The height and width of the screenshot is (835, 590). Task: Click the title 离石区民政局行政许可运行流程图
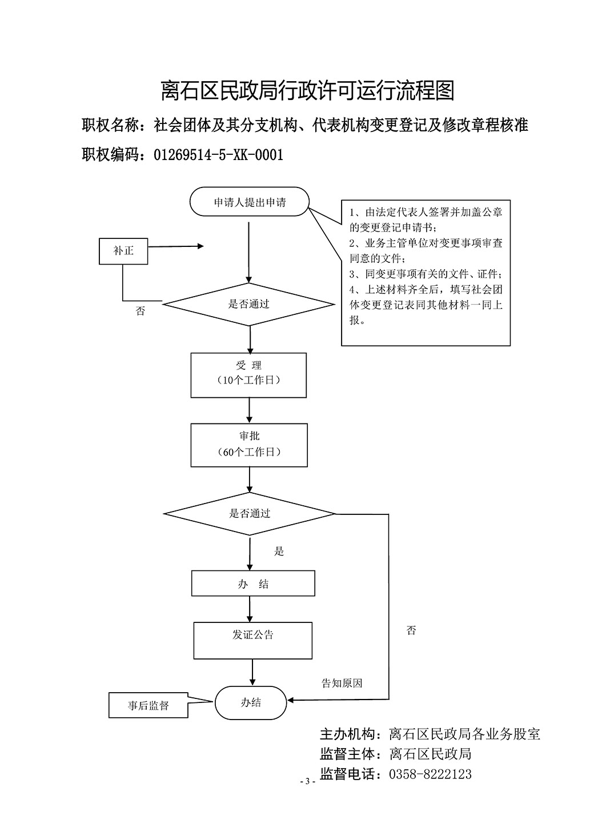click(307, 91)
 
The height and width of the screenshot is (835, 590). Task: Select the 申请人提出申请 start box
click(250, 202)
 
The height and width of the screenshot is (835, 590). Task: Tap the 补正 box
click(123, 251)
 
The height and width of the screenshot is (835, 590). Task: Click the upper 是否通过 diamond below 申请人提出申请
click(249, 304)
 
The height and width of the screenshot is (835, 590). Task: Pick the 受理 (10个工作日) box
click(248, 375)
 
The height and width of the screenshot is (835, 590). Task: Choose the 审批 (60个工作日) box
click(249, 445)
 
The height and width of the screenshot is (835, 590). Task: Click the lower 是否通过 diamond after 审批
click(250, 513)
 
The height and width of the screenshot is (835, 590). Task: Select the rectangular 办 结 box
click(253, 584)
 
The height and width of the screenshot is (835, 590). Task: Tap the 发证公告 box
click(253, 640)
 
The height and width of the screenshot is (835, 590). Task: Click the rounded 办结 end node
click(251, 702)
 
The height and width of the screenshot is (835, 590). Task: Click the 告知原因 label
click(342, 683)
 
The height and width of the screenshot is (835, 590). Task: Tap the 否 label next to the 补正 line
click(140, 311)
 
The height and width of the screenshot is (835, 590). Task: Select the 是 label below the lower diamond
click(279, 552)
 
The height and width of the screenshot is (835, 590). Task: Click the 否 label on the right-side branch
click(411, 631)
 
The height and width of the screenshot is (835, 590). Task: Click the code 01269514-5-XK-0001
click(219, 155)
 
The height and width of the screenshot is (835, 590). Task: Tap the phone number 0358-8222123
click(430, 774)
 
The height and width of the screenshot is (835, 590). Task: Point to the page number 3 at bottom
click(307, 781)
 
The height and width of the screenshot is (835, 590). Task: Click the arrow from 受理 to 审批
click(249, 410)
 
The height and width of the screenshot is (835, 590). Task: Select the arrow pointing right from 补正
click(176, 247)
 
